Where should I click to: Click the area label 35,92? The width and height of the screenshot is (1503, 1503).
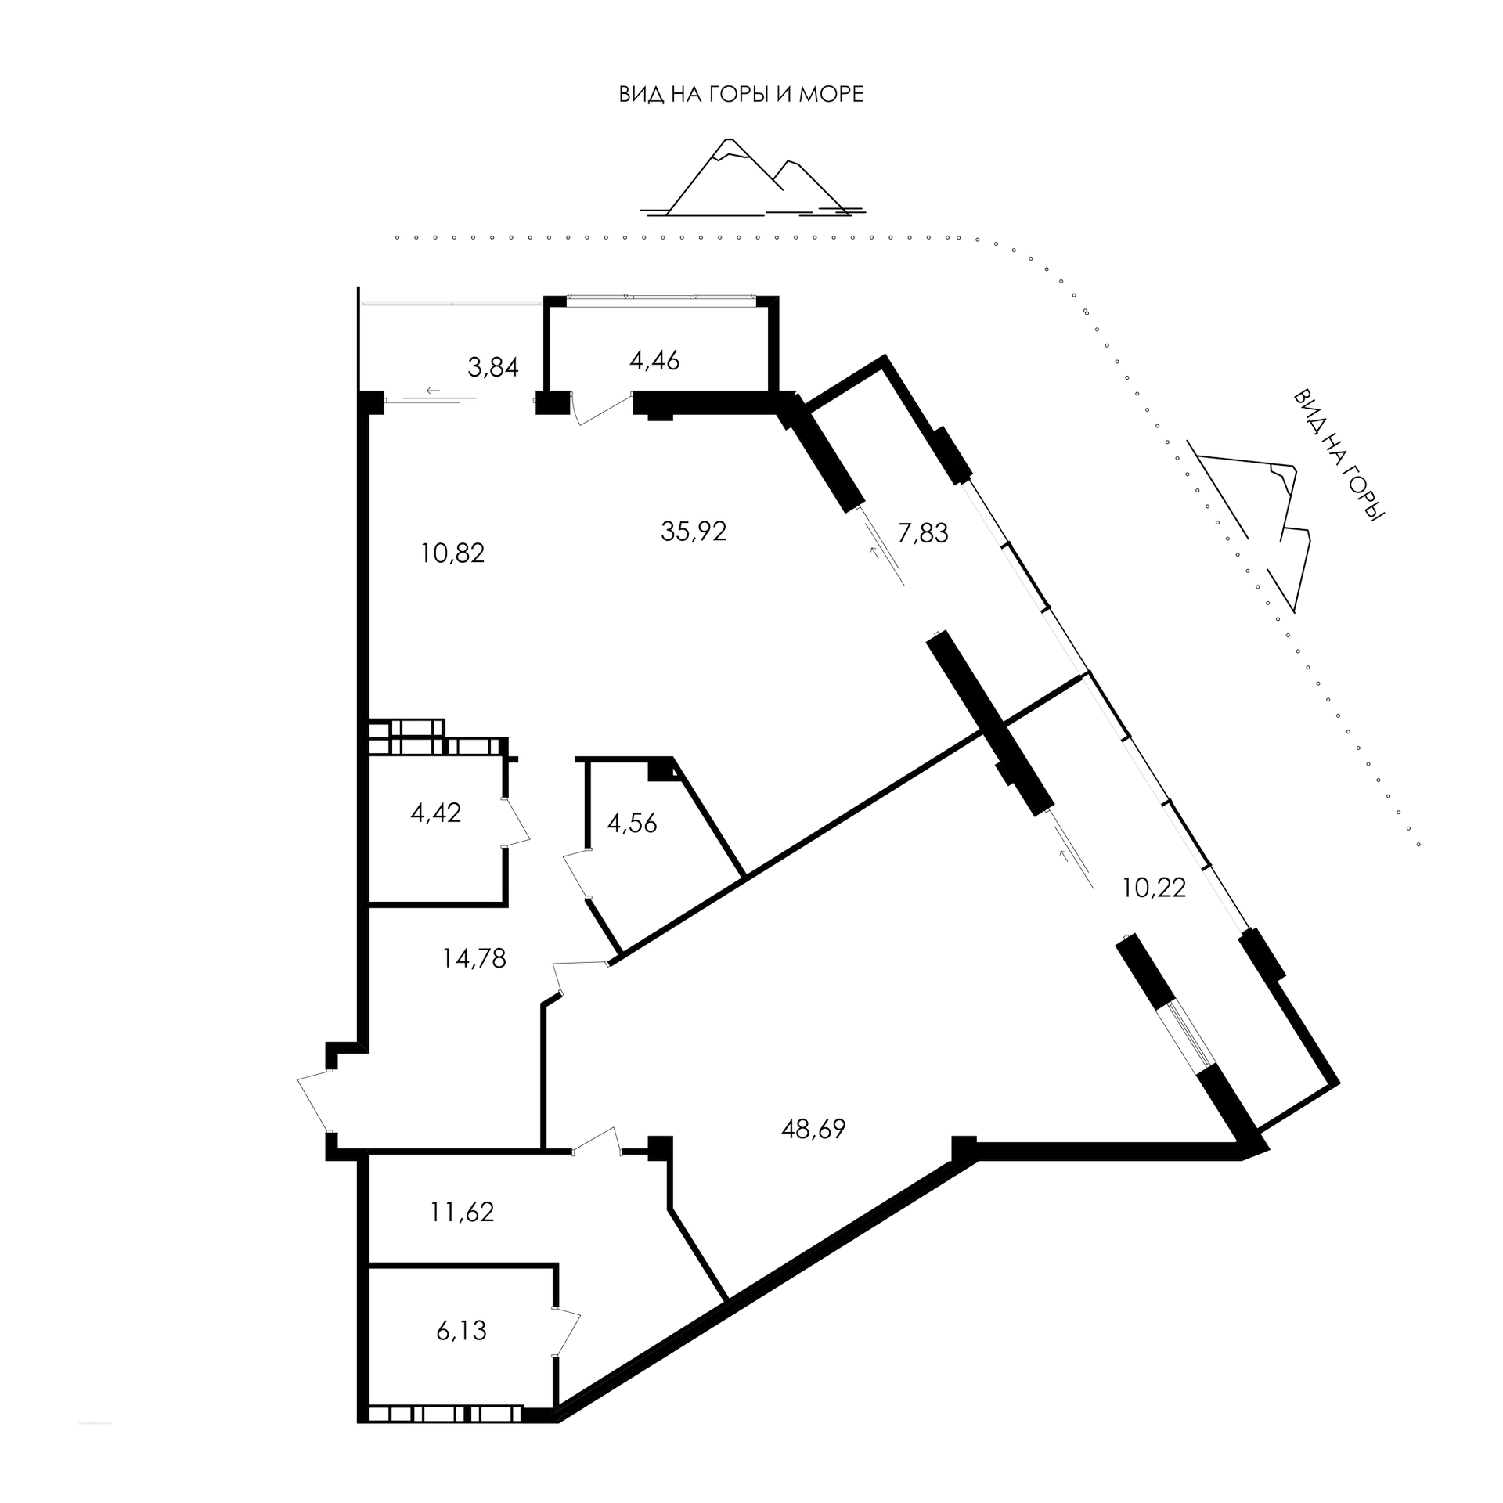(x=694, y=532)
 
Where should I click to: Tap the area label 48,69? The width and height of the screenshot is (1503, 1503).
(x=813, y=1130)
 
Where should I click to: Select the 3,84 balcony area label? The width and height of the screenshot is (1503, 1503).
(x=493, y=367)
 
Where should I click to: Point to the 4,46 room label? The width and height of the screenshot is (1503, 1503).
(x=654, y=361)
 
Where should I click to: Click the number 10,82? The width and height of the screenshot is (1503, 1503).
(x=452, y=553)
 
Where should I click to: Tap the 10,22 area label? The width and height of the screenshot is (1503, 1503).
(x=1155, y=888)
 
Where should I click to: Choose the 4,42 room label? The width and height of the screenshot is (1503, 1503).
(x=435, y=813)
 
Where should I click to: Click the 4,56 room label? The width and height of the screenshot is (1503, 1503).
(x=632, y=823)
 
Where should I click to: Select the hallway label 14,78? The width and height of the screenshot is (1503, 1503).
(x=474, y=957)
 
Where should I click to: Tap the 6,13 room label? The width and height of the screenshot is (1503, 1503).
(x=461, y=1330)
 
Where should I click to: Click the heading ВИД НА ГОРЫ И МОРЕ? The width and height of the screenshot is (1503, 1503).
(x=741, y=96)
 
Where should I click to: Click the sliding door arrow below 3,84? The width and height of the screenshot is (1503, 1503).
(x=431, y=390)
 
